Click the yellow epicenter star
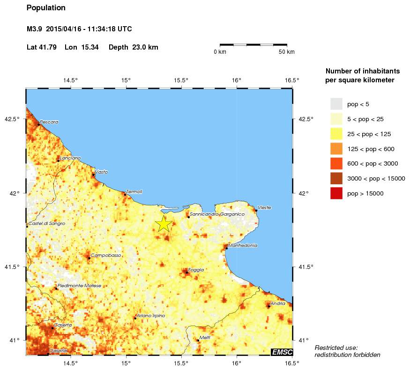click(x=163, y=224)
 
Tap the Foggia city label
click(x=195, y=270)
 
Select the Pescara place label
click(x=49, y=122)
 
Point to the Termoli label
click(x=134, y=191)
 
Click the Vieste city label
click(x=264, y=207)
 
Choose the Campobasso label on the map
click(x=106, y=255)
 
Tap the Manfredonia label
click(x=243, y=245)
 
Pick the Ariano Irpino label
click(x=151, y=315)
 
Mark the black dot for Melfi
click(x=198, y=341)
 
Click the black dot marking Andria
click(x=268, y=306)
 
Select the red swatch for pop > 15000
click(x=336, y=193)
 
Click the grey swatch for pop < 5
click(x=336, y=104)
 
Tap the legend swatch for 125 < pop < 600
click(x=336, y=149)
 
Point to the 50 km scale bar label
click(x=287, y=52)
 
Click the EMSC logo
click(x=283, y=352)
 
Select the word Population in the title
click(x=46, y=8)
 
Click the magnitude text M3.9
click(x=35, y=29)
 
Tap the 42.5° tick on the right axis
click(x=306, y=119)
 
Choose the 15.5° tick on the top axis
click(x=181, y=80)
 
